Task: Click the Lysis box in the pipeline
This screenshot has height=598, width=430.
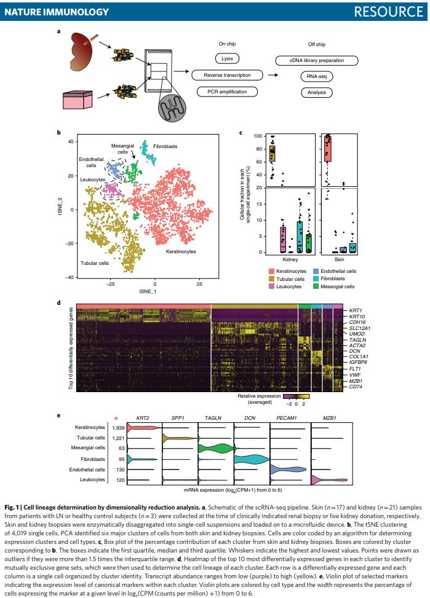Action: click(227, 60)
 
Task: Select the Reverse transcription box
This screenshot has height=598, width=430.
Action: click(227, 76)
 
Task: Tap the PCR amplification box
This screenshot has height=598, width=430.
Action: click(227, 92)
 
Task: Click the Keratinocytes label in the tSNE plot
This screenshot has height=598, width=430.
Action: click(183, 251)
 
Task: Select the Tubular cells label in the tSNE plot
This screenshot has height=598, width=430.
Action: click(94, 263)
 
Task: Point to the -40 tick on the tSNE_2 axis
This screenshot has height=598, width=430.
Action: click(71, 278)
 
